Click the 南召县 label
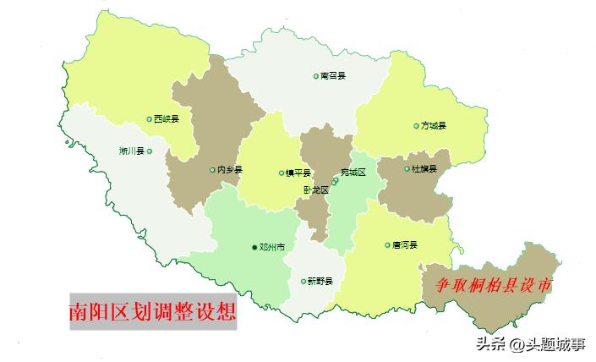[333, 76]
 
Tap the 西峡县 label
[167, 119]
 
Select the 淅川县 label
[131, 151]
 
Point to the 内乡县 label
[229, 170]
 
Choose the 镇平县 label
[298, 173]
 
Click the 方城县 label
[433, 126]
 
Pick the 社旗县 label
[424, 170]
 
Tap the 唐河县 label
[405, 245]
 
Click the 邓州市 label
[272, 248]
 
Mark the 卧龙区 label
[316, 190]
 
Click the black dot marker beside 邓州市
[254, 248]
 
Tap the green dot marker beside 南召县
[315, 76]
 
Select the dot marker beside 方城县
[416, 126]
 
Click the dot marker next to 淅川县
[150, 151]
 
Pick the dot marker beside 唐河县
[387, 245]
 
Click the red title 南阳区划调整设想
[153, 311]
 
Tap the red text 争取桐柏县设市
[489, 286]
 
